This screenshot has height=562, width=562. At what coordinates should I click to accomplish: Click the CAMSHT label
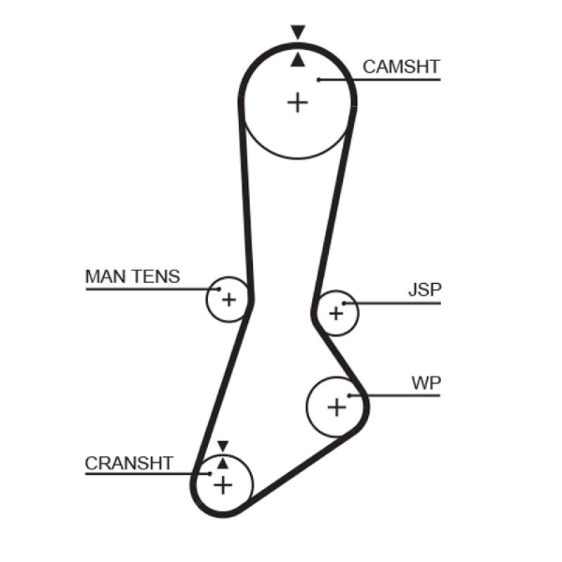(x=401, y=67)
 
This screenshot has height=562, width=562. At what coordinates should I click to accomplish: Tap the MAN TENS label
(x=132, y=276)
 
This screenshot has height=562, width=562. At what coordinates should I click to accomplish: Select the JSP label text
(x=425, y=290)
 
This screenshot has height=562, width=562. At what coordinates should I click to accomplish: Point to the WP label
(x=426, y=383)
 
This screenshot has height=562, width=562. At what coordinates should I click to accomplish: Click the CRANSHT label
(x=129, y=463)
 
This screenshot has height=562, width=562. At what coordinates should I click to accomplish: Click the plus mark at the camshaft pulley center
(x=298, y=103)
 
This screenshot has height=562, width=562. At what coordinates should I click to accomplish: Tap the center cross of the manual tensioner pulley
(x=228, y=300)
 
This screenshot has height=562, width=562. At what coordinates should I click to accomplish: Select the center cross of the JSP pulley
(x=336, y=313)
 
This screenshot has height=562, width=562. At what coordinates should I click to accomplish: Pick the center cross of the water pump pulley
(x=337, y=406)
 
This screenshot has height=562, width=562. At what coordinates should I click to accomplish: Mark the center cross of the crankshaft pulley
(x=223, y=484)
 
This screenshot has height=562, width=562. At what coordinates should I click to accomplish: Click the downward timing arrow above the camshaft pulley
(x=298, y=32)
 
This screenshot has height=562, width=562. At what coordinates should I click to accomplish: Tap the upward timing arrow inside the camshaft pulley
(x=298, y=60)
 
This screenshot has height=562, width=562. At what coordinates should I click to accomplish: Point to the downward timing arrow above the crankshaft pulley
(x=223, y=446)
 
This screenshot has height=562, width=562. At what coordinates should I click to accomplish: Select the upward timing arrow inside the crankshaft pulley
(x=223, y=462)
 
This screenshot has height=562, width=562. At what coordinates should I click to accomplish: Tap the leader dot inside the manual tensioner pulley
(x=218, y=288)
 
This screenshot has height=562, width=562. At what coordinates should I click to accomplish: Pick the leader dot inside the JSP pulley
(x=345, y=303)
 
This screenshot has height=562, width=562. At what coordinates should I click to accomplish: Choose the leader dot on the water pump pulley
(x=349, y=396)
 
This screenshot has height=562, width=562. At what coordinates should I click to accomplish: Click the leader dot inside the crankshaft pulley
(x=209, y=473)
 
